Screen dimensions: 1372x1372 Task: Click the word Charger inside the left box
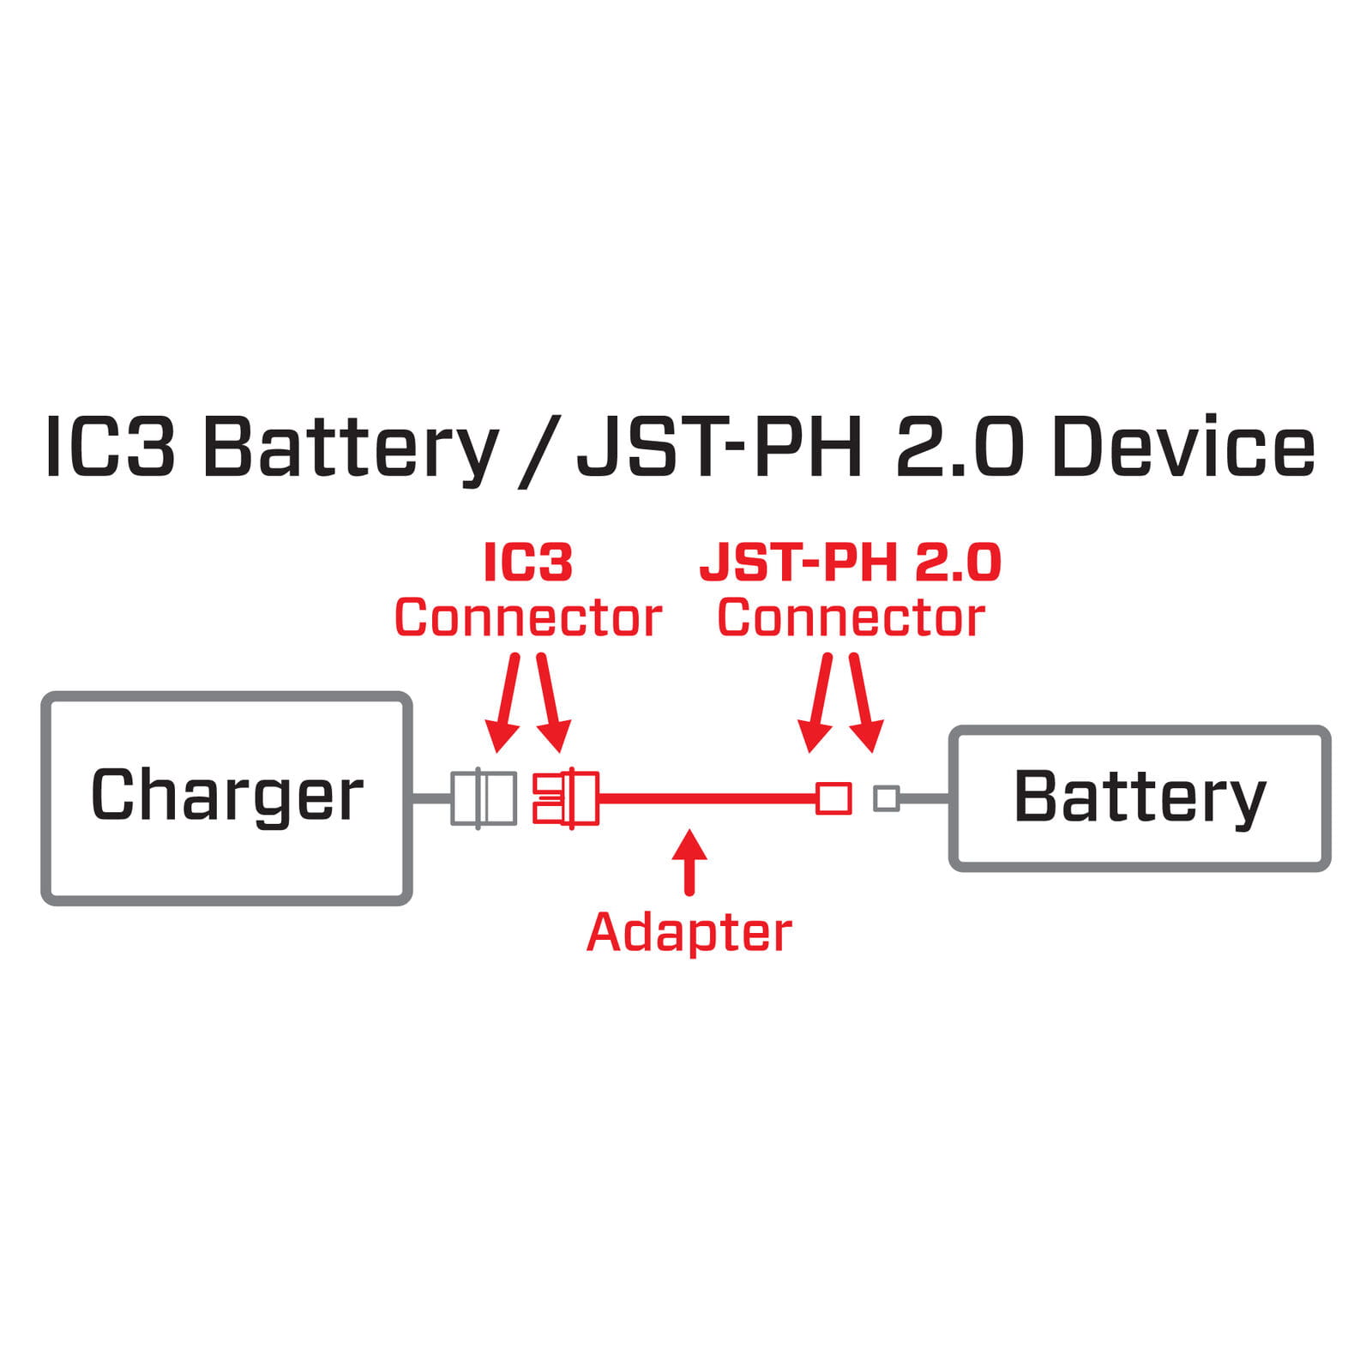[227, 796]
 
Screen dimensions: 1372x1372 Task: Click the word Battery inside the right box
[1140, 797]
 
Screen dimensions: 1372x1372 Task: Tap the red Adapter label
[689, 933]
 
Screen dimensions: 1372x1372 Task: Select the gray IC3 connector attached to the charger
[484, 798]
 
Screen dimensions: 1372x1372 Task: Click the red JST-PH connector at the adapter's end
[833, 798]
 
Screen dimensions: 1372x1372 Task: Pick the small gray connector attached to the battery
[886, 798]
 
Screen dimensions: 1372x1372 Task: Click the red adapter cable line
[707, 798]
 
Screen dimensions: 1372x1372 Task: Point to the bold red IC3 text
[528, 563]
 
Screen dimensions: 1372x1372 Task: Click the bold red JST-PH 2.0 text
[851, 563]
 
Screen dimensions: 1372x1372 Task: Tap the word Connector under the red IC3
[528, 618]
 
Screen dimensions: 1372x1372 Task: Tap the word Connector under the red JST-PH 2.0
[851, 618]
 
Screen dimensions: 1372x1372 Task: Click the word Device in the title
[1183, 447]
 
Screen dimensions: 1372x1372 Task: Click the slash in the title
[539, 451]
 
